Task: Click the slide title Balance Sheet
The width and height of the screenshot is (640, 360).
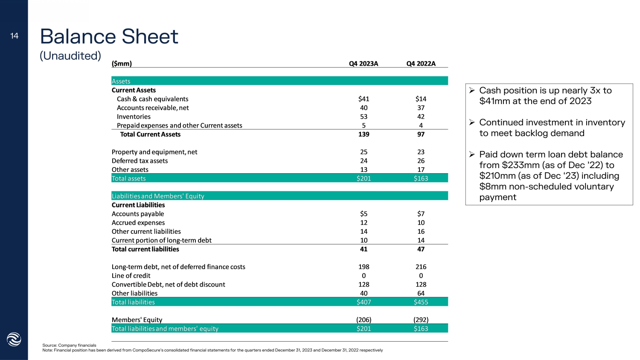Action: click(x=109, y=36)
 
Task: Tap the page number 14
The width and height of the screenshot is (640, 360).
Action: click(x=15, y=36)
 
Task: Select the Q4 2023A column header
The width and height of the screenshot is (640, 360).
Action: click(x=364, y=64)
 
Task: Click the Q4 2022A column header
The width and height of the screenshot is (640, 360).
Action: click(x=421, y=64)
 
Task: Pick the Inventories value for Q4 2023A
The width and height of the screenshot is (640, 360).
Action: click(x=364, y=116)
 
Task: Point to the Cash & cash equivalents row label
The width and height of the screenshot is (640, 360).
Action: click(x=152, y=99)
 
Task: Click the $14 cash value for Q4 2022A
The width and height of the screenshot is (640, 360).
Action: click(x=421, y=99)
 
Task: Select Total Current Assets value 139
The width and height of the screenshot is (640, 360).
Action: click(x=364, y=134)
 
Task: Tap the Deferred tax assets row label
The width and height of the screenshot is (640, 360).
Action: click(x=140, y=161)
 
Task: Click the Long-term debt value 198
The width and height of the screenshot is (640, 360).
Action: click(x=364, y=267)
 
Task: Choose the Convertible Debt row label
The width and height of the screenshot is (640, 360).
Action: click(x=168, y=285)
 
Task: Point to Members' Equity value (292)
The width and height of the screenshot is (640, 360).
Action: click(x=421, y=319)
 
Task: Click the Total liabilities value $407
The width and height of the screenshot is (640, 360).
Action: click(x=364, y=302)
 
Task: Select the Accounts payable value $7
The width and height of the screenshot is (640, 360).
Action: click(x=421, y=214)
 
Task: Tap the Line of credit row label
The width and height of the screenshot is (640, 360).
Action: click(x=131, y=276)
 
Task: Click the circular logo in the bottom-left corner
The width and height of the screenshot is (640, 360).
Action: click(x=14, y=339)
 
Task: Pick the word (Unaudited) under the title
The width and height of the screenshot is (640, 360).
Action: click(x=70, y=56)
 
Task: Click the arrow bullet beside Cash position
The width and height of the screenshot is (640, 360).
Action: click(x=472, y=90)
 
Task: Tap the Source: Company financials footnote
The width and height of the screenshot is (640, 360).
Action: click(x=69, y=345)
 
